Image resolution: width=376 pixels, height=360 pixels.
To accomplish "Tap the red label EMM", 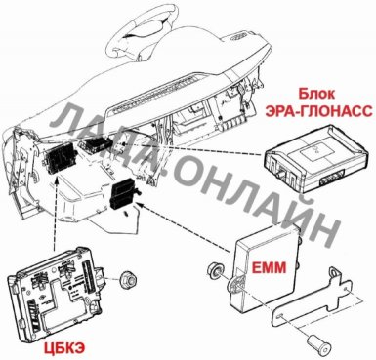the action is click(270, 267).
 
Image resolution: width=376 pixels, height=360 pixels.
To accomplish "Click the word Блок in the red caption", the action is click(316, 94).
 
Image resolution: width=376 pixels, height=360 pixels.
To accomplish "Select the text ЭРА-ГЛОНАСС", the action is click(318, 111).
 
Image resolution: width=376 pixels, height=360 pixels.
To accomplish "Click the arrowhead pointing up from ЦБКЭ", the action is click(58, 180).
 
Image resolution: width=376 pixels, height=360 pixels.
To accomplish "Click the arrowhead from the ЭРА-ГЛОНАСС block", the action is click(122, 143).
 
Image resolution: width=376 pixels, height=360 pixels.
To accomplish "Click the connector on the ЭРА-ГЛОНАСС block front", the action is click(331, 180).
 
